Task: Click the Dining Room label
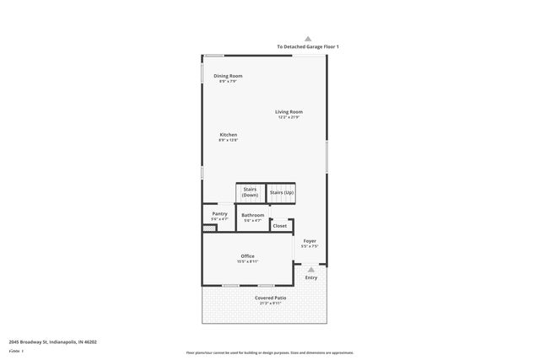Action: (x=228, y=76)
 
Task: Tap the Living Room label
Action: (x=289, y=111)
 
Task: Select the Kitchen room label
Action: (x=228, y=135)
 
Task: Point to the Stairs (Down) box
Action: (x=250, y=192)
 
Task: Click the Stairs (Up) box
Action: (x=282, y=193)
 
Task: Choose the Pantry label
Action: (x=219, y=214)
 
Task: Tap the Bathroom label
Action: (x=253, y=215)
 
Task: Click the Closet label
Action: (x=279, y=225)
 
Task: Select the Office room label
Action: (x=247, y=256)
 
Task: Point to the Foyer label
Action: (x=310, y=241)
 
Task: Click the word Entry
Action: (x=311, y=277)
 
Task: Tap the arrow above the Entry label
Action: (x=310, y=269)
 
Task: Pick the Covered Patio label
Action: (x=270, y=298)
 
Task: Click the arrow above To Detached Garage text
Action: (x=308, y=38)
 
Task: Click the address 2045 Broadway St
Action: (x=52, y=342)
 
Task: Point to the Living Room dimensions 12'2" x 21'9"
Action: (x=289, y=117)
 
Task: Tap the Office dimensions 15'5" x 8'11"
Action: (x=247, y=261)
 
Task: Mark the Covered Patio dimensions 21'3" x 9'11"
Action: (x=270, y=303)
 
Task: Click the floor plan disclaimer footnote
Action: (x=270, y=352)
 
